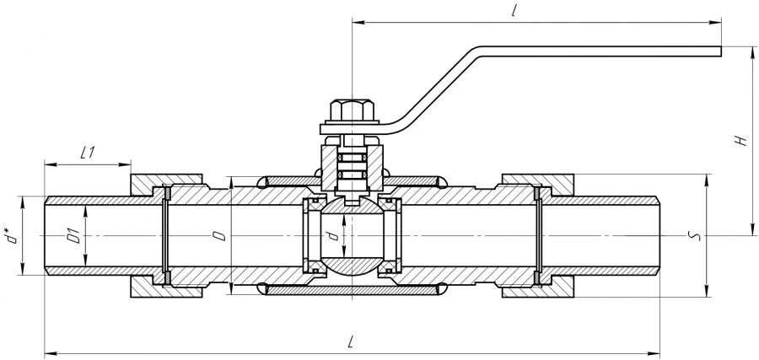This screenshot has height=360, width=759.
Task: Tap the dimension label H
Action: point(740,141)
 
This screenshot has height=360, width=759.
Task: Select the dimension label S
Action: point(692,236)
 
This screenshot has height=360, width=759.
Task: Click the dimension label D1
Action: point(73,237)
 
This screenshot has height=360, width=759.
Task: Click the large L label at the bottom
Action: point(351,342)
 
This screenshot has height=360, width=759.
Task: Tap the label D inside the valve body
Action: point(221,236)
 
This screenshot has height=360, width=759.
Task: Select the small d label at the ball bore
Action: point(332,236)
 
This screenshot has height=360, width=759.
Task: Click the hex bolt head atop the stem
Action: point(352,110)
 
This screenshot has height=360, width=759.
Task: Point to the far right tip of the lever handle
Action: point(721,51)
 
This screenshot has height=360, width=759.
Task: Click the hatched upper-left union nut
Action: point(166,183)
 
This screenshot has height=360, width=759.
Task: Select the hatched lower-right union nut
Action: point(538,289)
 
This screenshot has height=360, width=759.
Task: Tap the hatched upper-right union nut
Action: point(538,183)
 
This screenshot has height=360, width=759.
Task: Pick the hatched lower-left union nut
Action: point(166,289)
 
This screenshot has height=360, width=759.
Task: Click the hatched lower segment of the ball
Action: point(351,266)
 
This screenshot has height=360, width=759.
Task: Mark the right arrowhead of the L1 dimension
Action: point(126,165)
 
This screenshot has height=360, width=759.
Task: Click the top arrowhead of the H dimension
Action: point(753,51)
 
